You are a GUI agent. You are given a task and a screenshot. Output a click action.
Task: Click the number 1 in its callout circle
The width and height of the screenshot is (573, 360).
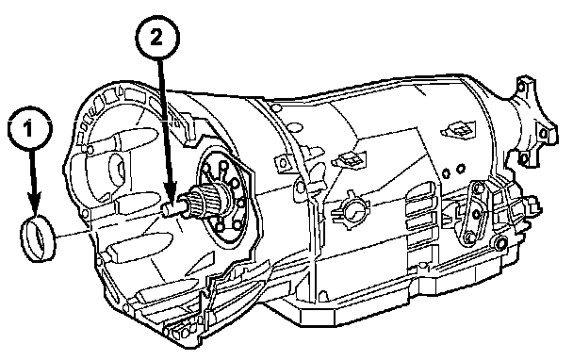coord(29,129)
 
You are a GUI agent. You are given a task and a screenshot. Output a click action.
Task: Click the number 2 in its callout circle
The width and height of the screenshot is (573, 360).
coord(156,38)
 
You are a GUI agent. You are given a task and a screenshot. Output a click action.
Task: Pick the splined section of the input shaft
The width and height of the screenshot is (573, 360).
coord(204,201)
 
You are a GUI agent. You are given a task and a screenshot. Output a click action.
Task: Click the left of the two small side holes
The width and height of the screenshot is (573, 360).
coord(446,173)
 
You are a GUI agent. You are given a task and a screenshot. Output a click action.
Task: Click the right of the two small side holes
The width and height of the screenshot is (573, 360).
coord(461,168)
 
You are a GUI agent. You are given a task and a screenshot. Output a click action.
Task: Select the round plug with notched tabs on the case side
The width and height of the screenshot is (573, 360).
coord(352,211)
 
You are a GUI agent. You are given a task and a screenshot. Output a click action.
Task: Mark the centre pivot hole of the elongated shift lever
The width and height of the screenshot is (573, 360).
coord(476,214)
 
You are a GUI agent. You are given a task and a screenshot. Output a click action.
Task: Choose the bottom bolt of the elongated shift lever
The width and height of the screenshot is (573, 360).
coord(468,239)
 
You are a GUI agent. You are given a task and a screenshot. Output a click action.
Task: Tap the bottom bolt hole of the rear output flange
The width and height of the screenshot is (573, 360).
coord(524,159)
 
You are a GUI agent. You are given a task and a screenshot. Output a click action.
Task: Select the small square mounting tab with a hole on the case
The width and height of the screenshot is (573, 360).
coord(281,162)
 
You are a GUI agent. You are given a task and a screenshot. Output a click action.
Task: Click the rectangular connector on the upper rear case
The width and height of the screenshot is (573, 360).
coord(458,130)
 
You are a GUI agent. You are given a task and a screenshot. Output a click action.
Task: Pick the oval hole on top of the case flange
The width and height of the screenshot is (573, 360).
coord(277,107)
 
